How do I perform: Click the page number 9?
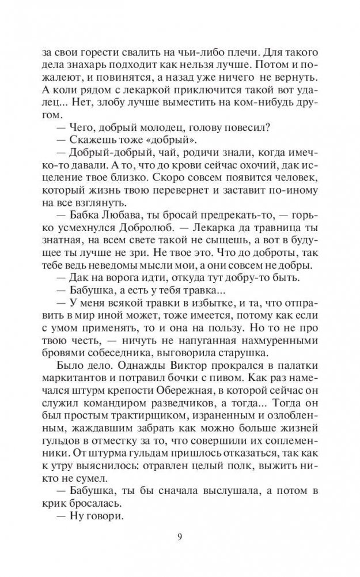pos(180,538)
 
